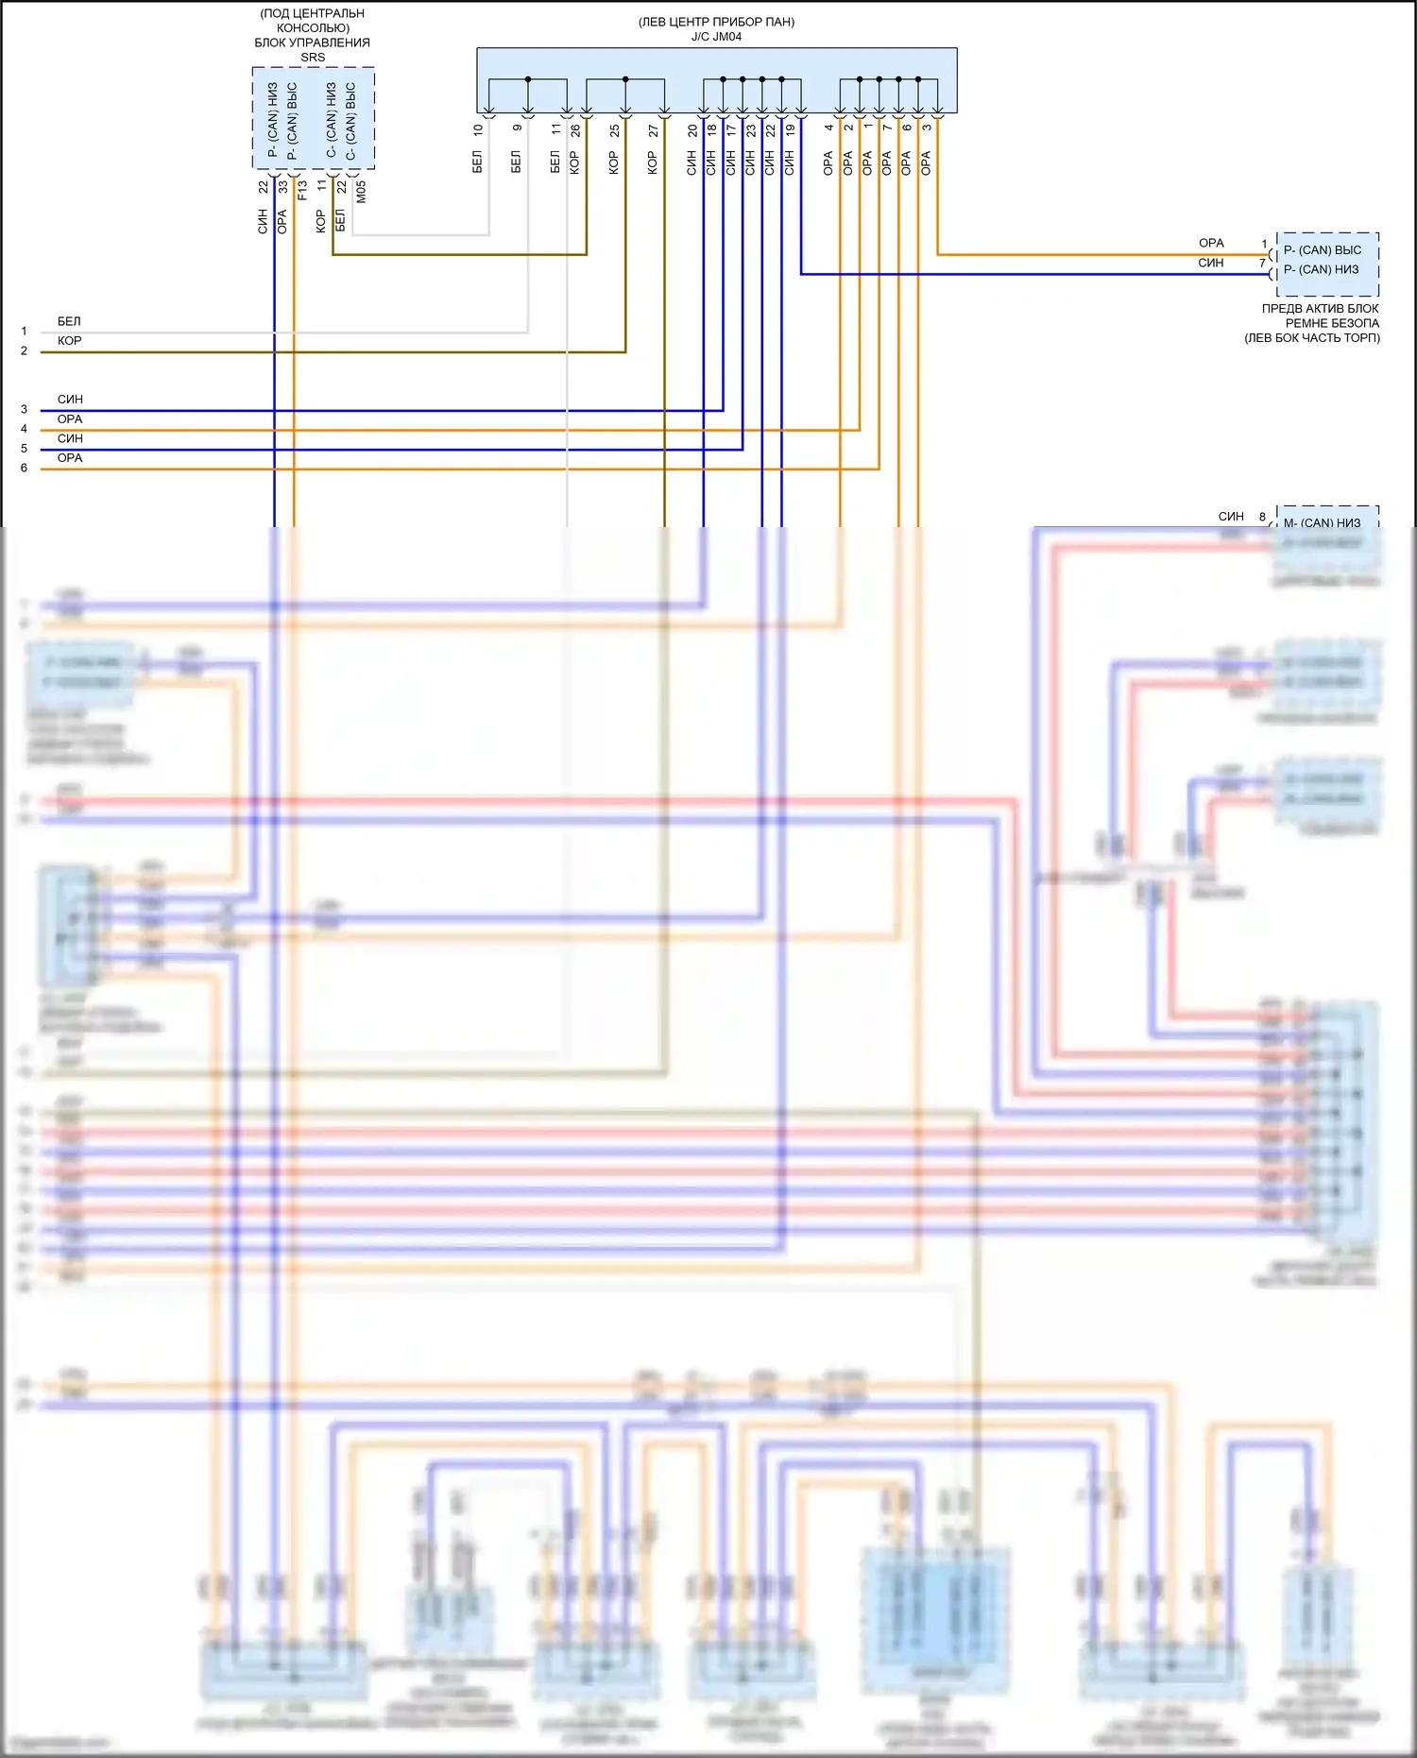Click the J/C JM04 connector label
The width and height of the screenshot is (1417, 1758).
716,37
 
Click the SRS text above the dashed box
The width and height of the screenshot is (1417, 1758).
313,58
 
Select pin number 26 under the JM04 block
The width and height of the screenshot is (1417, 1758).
575,129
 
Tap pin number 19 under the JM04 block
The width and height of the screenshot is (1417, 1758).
791,129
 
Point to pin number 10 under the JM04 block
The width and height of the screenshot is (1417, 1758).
478,129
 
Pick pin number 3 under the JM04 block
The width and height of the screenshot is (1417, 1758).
927,128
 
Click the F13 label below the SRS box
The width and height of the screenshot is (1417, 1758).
302,190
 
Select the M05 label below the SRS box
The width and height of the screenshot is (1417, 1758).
361,192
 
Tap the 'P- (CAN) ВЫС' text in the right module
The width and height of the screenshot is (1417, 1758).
1323,250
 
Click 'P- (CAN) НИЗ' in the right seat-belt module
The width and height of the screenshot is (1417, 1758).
1321,270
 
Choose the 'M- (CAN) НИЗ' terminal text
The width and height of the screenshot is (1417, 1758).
1322,522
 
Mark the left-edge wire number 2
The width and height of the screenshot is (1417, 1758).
25,351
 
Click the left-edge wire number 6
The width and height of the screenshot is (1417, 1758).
25,469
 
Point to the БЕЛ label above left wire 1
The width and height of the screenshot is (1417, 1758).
69,322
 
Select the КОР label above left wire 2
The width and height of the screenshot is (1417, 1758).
69,341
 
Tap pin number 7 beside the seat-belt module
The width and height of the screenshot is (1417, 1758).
1262,264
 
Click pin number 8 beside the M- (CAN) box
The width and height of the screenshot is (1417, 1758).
1262,517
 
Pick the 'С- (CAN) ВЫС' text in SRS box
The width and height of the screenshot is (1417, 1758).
350,120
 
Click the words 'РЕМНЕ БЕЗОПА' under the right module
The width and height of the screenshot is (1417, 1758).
1332,323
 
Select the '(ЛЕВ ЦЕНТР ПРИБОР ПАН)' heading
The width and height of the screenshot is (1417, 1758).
716,22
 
